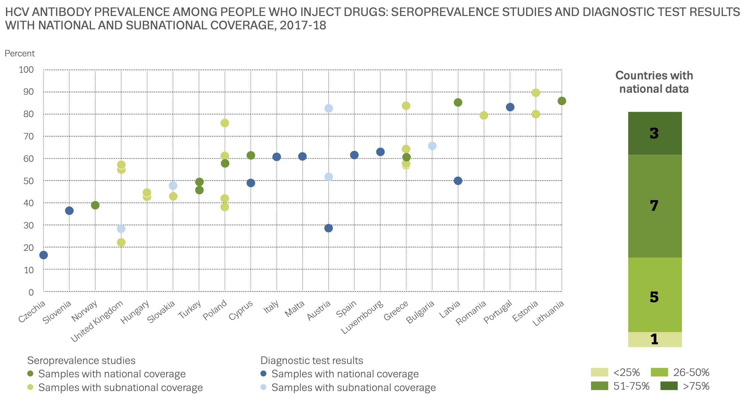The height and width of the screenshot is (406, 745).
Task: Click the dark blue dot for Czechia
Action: point(43,255)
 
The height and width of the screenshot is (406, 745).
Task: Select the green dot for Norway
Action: point(95,205)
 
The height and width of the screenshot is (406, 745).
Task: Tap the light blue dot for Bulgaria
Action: point(432,146)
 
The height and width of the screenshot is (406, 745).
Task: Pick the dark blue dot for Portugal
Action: point(510,107)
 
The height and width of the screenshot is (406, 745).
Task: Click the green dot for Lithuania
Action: point(562,101)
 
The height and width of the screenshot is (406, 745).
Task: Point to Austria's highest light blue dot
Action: point(329,108)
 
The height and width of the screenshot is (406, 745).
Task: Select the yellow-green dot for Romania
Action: point(484,115)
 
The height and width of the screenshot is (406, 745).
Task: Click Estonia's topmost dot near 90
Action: point(535,93)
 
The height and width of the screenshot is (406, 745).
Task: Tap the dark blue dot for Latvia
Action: point(458,181)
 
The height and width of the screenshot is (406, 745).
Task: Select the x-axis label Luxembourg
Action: point(362,317)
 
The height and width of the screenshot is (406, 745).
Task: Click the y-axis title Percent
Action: point(20,53)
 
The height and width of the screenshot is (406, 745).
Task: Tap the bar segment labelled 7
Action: point(655,206)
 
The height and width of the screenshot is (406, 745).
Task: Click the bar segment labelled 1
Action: point(655,339)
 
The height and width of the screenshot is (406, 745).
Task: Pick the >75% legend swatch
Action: point(669,386)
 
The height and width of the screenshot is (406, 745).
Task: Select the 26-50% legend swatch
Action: point(659,372)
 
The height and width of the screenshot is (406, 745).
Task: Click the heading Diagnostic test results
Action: point(312,361)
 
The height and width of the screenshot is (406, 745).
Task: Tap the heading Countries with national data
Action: point(654,82)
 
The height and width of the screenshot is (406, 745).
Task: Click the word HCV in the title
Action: point(17,12)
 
